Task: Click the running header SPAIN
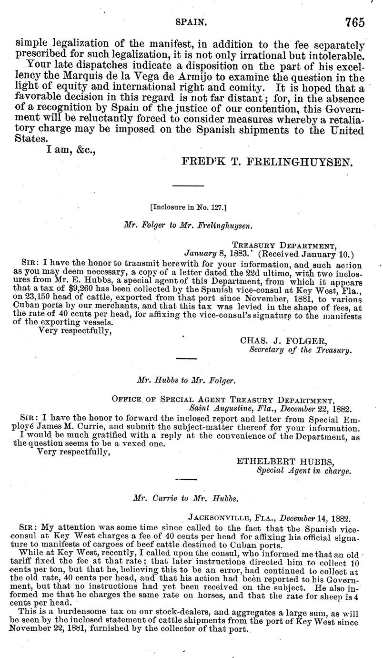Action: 190,22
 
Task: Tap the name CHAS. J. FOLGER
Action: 276,341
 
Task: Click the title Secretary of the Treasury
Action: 301,351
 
